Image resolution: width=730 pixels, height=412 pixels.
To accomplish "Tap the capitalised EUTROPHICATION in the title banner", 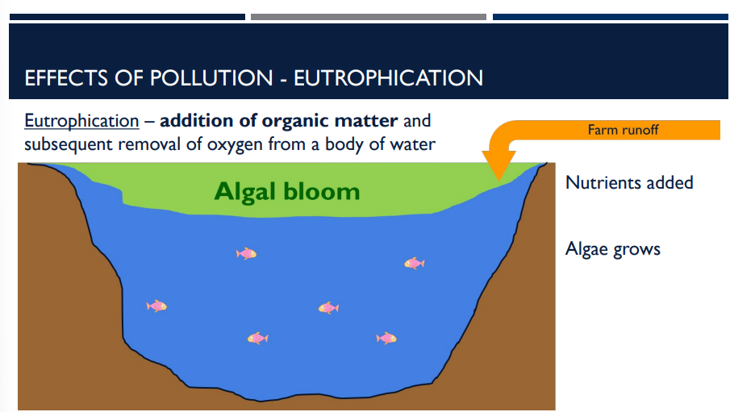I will point(388,78).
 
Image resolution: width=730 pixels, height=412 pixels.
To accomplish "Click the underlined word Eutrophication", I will point(81,122).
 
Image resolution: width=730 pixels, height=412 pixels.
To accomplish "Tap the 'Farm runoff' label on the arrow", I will point(623,129).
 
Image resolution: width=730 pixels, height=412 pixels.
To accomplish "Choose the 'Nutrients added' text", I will point(629,182).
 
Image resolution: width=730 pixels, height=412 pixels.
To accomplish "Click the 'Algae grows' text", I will point(612,248).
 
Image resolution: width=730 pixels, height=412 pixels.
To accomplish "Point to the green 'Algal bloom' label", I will point(286,192).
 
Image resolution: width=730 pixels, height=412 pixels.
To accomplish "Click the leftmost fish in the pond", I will point(156,306).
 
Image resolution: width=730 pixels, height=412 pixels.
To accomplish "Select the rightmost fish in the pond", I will point(414,263).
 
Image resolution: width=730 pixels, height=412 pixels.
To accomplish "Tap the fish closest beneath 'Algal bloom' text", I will point(246,253).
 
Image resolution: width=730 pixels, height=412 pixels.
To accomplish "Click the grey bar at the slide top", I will point(368,17).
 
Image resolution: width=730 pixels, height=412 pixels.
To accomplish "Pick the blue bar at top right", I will point(610,17).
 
